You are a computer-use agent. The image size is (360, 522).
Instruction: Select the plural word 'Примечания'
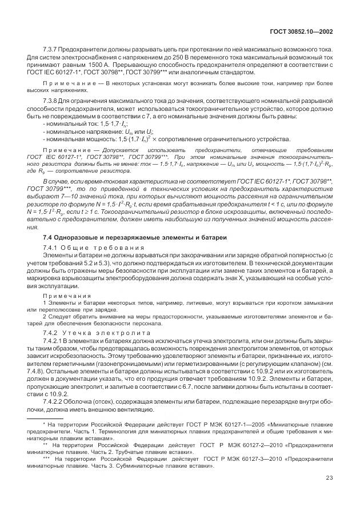coord(59,296)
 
